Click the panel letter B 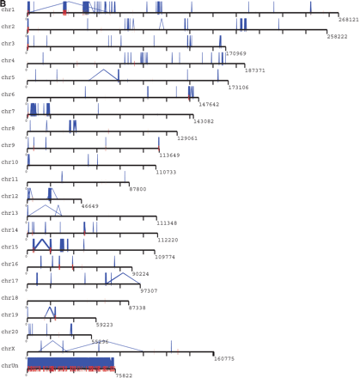pyautogui.click(x=3, y=3)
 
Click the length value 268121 pyautogui.click(x=348, y=19)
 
